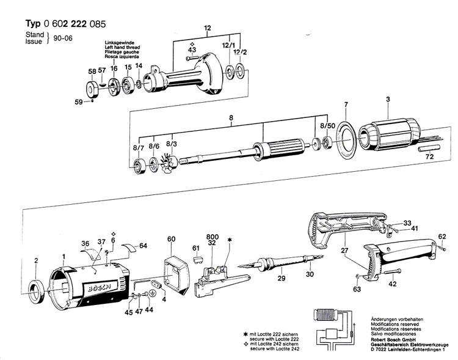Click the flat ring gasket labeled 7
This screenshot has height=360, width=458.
click(x=345, y=138)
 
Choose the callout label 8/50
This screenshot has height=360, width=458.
click(x=327, y=125)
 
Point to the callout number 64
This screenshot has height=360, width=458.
click(x=143, y=246)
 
